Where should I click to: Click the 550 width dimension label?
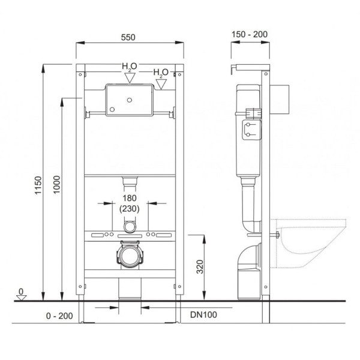point(128,37)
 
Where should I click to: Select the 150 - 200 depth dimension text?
point(250,34)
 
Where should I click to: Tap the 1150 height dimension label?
point(38,185)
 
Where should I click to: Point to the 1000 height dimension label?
point(56,185)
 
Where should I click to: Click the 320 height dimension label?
point(200,267)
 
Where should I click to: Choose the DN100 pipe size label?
point(203,314)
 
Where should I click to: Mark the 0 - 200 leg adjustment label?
point(59,316)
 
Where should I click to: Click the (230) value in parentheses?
point(129,209)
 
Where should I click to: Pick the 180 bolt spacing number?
point(130,198)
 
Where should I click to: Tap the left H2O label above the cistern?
point(130,67)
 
